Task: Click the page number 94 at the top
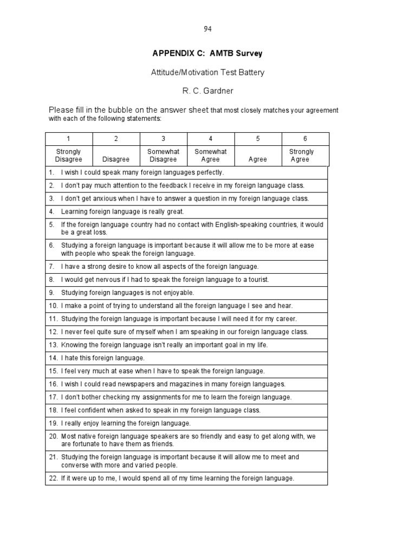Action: pos(208,29)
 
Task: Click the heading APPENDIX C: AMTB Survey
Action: pos(207,53)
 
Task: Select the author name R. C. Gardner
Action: pos(208,90)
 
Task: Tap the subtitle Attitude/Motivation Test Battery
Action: pos(207,72)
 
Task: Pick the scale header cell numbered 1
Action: pos(68,139)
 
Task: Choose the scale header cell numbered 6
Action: pos(305,139)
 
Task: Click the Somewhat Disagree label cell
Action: pos(163,156)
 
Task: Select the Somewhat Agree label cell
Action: pos(210,156)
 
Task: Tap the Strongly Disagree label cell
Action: pos(68,156)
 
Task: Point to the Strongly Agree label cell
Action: pos(301,156)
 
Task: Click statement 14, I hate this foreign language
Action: pos(102,358)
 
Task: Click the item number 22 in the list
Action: pos(53,478)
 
